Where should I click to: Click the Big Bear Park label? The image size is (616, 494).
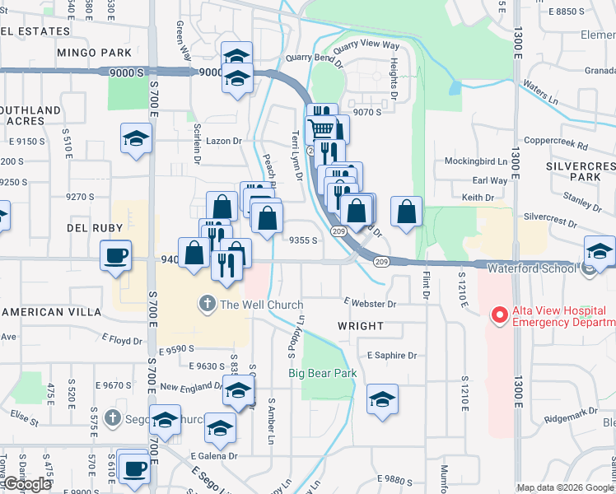(x=322, y=373)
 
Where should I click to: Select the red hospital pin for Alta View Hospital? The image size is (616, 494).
(x=497, y=315)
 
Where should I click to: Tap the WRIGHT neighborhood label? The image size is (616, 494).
(x=361, y=326)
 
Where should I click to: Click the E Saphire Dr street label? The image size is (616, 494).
(x=392, y=356)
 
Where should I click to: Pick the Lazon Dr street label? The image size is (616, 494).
(x=223, y=141)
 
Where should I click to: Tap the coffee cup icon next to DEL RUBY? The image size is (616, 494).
(x=115, y=254)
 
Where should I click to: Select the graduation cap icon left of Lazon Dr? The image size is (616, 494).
(x=136, y=137)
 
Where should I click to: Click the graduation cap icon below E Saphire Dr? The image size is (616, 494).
(x=382, y=399)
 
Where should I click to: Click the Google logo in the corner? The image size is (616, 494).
(x=26, y=484)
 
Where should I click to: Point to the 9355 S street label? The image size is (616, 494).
(x=303, y=240)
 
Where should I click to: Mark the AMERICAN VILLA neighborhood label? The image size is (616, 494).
(x=51, y=313)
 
